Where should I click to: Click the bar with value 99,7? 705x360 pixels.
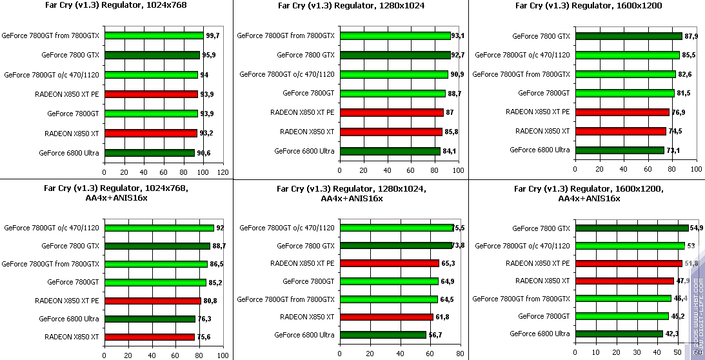pyautogui.click(x=154, y=35)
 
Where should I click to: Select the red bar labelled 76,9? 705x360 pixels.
pyautogui.click(x=621, y=112)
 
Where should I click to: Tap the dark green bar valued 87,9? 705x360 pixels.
pyautogui.click(x=628, y=36)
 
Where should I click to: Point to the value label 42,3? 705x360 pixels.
pyautogui.click(x=672, y=334)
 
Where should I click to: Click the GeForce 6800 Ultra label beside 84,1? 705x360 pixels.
pyautogui.click(x=304, y=151)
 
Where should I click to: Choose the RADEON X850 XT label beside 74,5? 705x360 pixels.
pyautogui.click(x=542, y=131)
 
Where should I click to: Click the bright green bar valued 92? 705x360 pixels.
pyautogui.click(x=159, y=228)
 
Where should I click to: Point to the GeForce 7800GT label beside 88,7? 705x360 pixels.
pyautogui.click(x=308, y=94)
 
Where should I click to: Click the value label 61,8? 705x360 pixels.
pyautogui.click(x=444, y=317)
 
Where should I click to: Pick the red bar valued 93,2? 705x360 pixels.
pyautogui.click(x=150, y=133)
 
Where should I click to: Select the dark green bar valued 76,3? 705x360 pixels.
pyautogui.click(x=149, y=319)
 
